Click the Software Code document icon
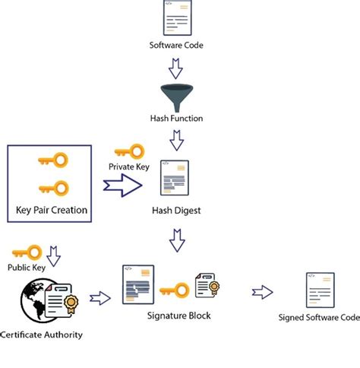175,19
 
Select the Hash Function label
176,119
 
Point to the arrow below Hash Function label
176,141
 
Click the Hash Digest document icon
175,179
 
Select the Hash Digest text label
175,211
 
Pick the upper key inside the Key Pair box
52,160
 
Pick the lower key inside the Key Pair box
52,187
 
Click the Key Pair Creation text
52,210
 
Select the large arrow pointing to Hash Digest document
122,185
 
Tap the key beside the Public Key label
27,252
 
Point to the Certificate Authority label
41,335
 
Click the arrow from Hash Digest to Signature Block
176,242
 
